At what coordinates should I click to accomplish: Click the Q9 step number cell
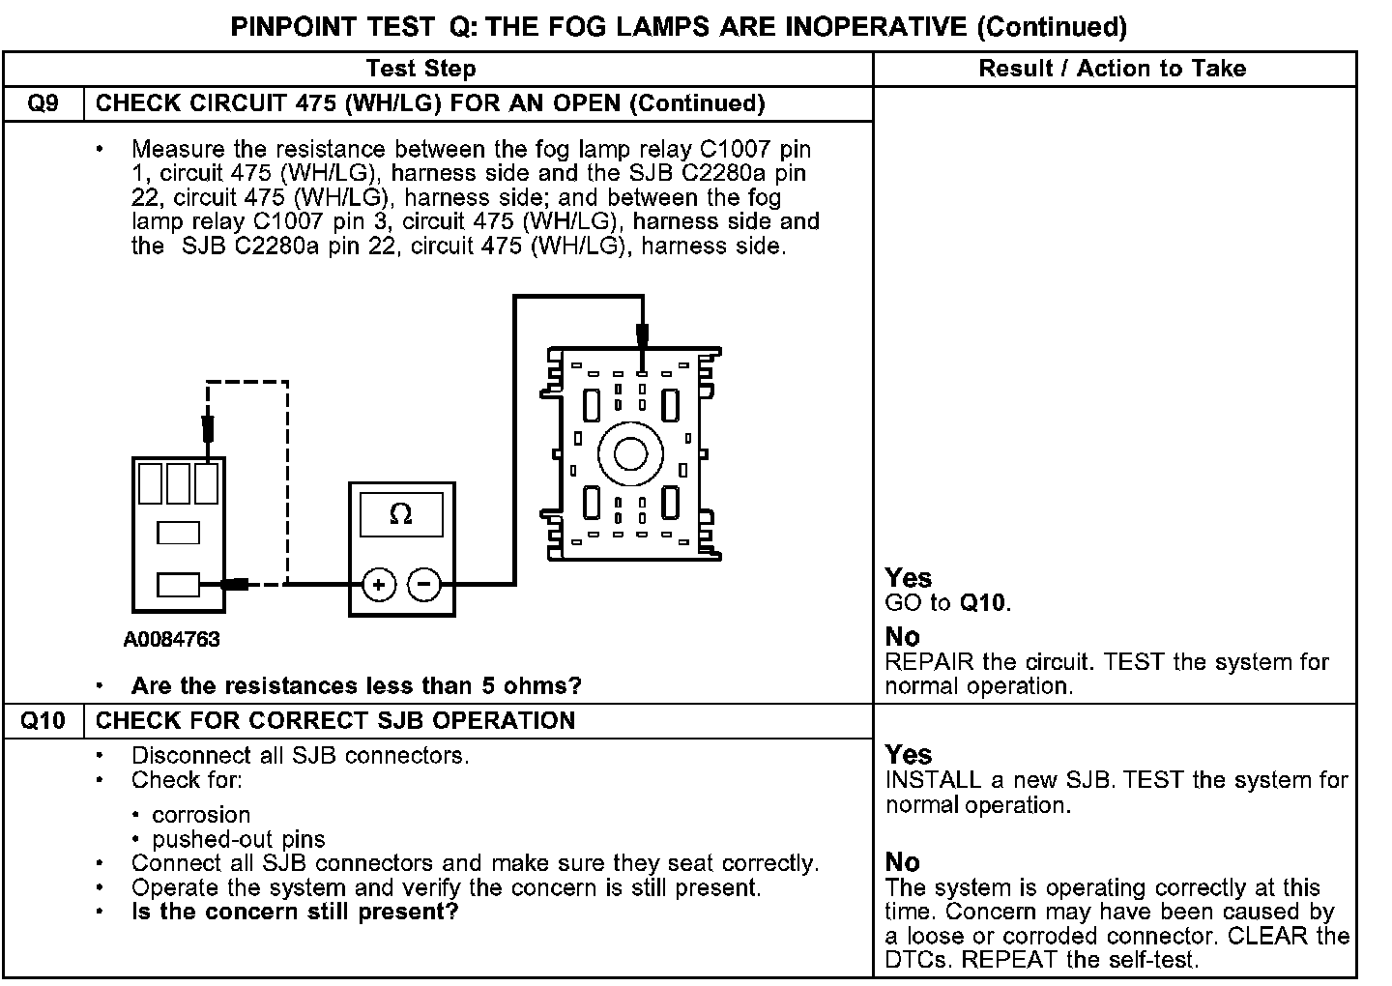43,103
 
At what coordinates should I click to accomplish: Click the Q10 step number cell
43,721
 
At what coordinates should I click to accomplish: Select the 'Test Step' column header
420,69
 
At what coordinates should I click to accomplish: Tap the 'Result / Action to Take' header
1113,69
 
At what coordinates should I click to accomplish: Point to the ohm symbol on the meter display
400,515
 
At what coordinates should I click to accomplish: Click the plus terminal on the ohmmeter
379,584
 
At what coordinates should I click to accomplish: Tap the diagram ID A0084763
172,640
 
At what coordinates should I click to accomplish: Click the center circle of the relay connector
630,453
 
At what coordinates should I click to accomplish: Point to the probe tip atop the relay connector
642,338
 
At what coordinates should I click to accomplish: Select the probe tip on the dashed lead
207,428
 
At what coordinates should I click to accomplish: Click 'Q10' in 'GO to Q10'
982,604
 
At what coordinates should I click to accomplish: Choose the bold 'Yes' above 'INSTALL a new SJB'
908,755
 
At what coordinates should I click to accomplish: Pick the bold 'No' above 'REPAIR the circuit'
902,637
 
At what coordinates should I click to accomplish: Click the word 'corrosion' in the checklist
201,815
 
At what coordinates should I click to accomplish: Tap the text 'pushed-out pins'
239,839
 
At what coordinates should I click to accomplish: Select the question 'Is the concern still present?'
295,912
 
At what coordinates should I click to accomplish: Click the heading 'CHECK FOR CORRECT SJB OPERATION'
335,721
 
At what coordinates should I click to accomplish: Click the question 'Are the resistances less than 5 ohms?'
356,686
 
